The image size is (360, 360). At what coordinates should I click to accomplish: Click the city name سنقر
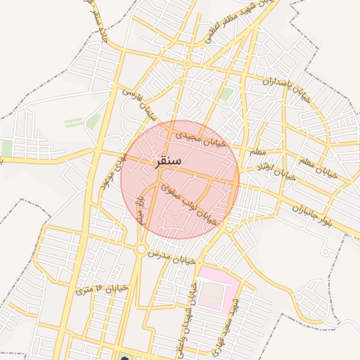click(x=167, y=161)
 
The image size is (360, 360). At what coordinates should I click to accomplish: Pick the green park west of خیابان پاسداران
click(x=226, y=94)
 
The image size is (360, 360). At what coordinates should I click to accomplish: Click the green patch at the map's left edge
click(x=6, y=148)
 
